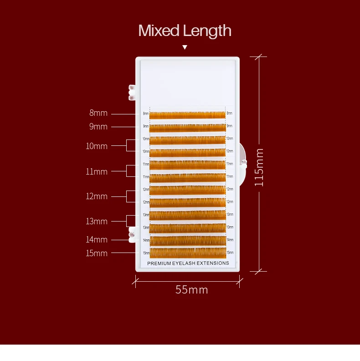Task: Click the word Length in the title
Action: (x=207, y=31)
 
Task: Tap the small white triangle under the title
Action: (x=185, y=47)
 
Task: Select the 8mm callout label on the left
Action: (x=98, y=113)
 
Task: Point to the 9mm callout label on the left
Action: (x=98, y=126)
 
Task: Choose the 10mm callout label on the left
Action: (x=97, y=146)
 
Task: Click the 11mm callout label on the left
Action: (x=97, y=171)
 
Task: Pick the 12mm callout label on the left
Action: (x=97, y=196)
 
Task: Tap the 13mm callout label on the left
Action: (x=97, y=221)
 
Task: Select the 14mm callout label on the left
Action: (x=97, y=239)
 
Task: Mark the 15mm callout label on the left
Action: (x=97, y=253)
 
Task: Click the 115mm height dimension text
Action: (x=259, y=166)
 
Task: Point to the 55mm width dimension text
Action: (x=191, y=289)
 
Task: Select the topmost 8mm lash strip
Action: (x=187, y=115)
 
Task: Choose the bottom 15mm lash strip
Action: (x=187, y=253)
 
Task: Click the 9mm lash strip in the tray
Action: (x=187, y=128)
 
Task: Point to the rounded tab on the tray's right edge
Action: (x=242, y=162)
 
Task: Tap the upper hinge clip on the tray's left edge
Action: (x=132, y=92)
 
